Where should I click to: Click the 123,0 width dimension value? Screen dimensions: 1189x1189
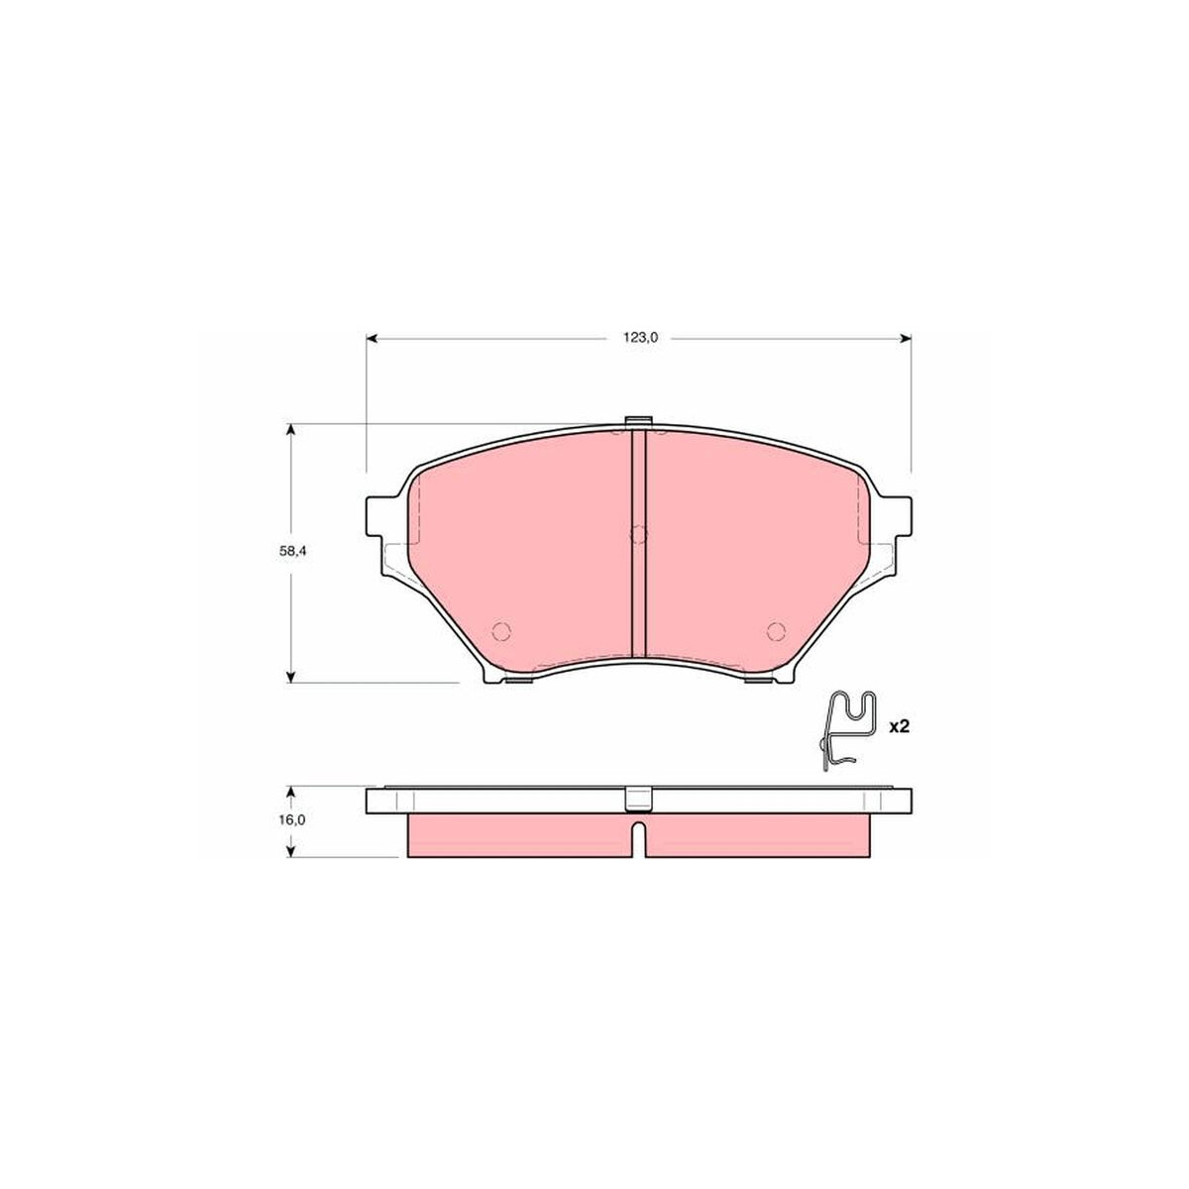click(639, 338)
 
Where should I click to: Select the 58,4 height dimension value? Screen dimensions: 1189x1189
click(292, 553)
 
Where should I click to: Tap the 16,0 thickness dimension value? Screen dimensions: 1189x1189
click(293, 820)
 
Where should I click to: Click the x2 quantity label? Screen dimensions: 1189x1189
click(899, 727)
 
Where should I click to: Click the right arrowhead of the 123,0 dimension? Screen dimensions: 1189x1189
click(906, 338)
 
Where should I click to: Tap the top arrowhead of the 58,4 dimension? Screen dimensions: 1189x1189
click(290, 429)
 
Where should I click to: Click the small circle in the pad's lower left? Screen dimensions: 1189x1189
click(501, 630)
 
